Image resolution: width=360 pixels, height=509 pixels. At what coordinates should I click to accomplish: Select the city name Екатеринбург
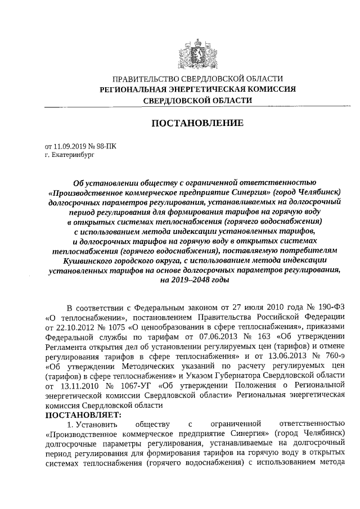pos(71,152)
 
